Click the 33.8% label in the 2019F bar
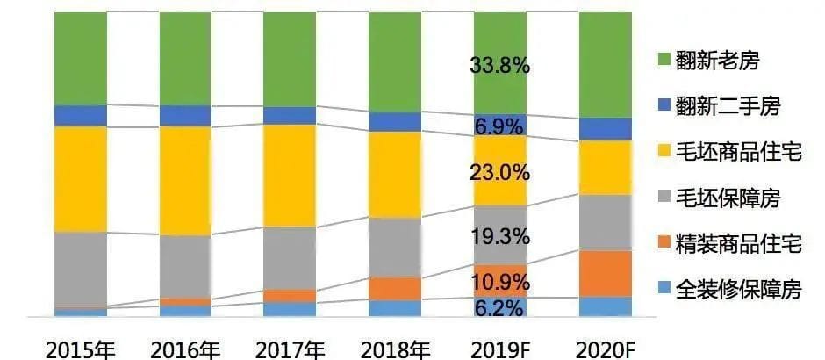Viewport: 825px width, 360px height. point(500,67)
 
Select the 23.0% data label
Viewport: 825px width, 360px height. point(500,172)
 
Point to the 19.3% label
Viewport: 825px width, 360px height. point(500,236)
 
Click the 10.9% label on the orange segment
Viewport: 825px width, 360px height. point(500,283)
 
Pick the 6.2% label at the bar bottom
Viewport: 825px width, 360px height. point(500,307)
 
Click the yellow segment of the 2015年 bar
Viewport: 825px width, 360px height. point(80,179)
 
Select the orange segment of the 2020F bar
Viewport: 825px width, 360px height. point(605,273)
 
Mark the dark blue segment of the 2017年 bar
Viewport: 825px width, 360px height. point(290,115)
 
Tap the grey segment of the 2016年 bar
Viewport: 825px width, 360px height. point(185,267)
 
